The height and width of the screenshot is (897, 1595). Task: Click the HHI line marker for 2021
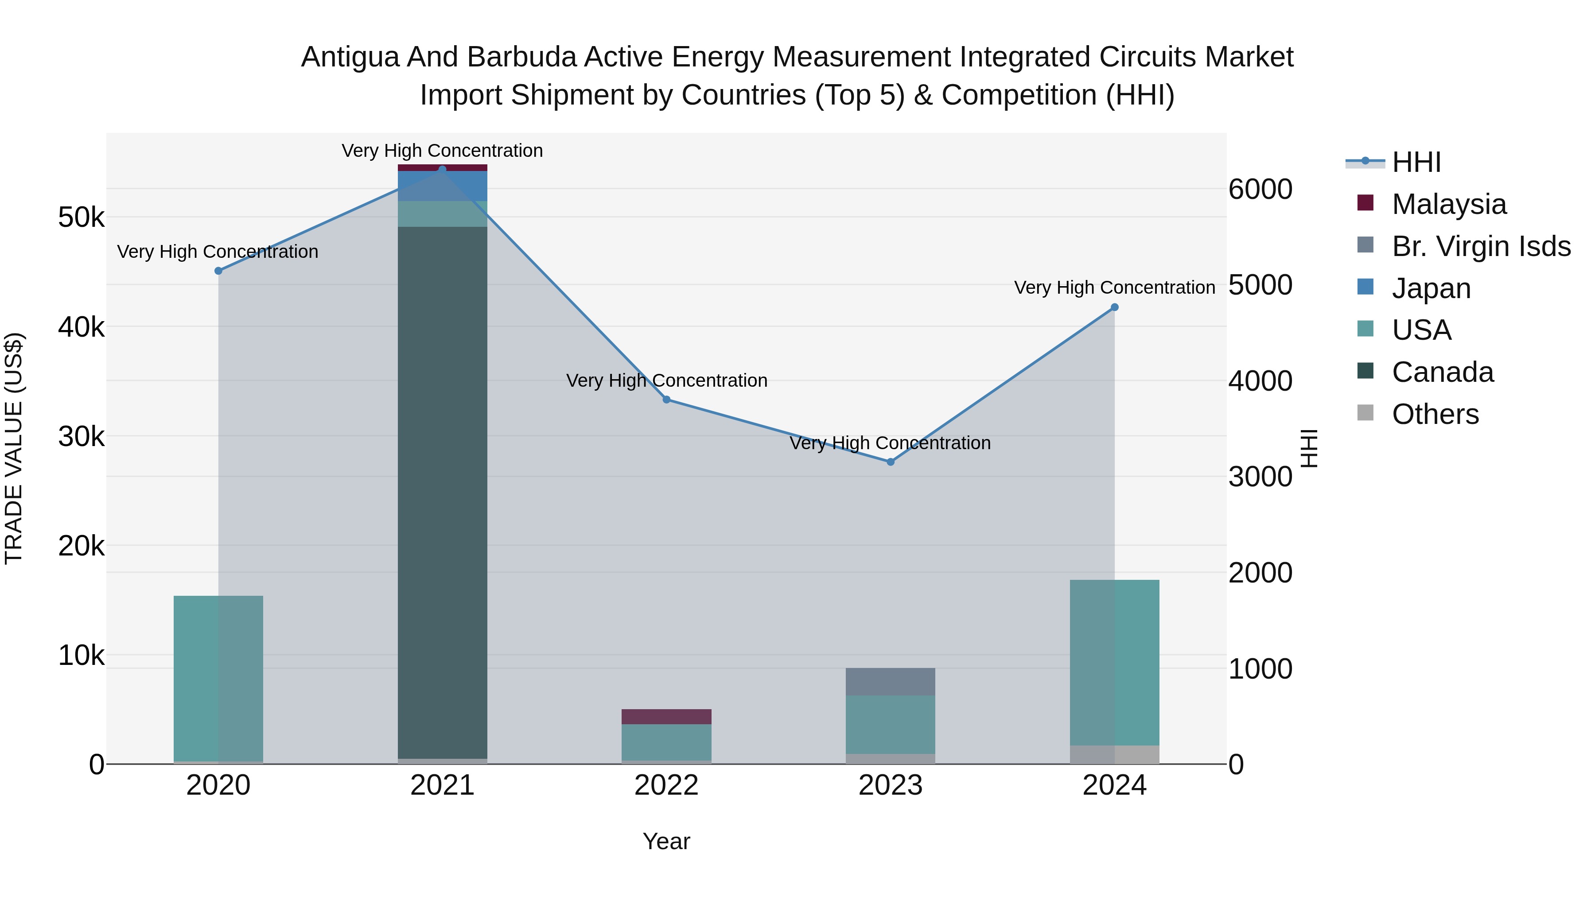442,169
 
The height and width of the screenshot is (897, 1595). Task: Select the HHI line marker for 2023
891,462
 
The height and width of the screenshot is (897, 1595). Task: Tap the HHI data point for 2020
218,271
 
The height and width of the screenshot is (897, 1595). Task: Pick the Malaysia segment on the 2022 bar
666,716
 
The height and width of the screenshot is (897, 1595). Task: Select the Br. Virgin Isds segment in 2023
891,682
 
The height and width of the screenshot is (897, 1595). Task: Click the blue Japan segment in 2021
442,186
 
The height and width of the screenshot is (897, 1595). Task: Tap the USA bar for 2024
1115,662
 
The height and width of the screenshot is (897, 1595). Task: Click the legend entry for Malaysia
1448,204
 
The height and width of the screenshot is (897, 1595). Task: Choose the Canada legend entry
1442,372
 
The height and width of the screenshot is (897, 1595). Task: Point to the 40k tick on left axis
81,327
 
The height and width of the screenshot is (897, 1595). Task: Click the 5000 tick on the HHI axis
1260,285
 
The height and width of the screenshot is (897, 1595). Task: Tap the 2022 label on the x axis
666,785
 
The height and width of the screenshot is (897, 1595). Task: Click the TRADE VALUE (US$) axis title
14,448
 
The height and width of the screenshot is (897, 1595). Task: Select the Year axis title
666,841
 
